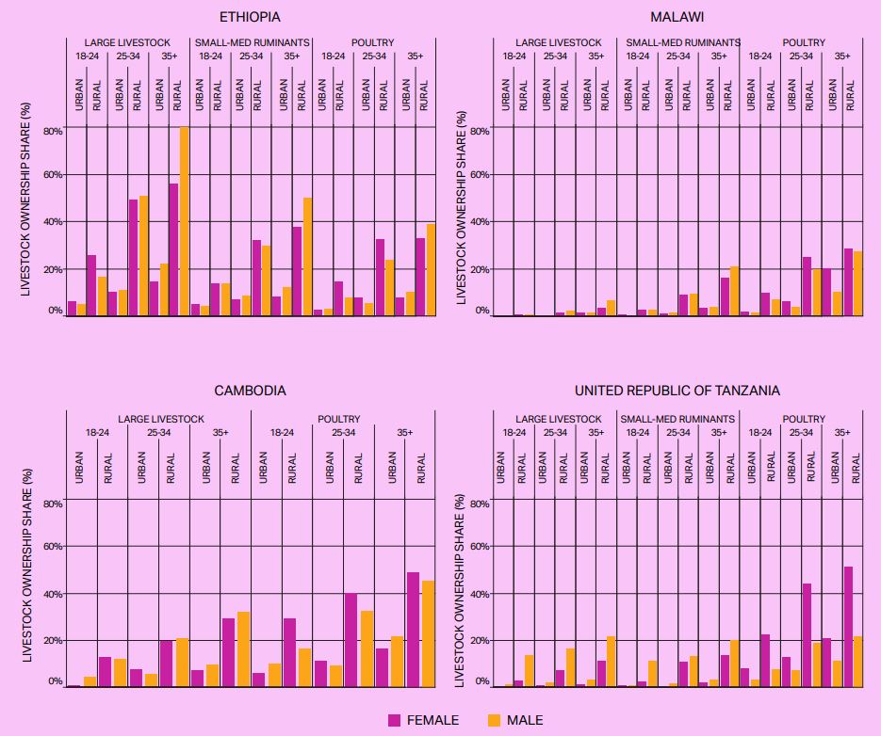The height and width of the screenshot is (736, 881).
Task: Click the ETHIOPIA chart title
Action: pos(250,17)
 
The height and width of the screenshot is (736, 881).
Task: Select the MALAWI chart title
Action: pos(677,17)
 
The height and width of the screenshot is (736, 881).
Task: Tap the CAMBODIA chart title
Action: pos(250,391)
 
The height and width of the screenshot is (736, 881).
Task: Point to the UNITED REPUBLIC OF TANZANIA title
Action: pos(677,391)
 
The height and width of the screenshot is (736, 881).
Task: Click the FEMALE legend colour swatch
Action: pos(395,720)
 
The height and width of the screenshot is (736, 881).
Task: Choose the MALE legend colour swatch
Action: pos(494,720)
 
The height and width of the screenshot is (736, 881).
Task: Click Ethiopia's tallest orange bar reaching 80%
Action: pos(185,221)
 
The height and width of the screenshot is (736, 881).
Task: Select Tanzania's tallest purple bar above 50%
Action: pos(848,626)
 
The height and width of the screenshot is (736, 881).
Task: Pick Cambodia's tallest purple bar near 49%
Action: pos(413,629)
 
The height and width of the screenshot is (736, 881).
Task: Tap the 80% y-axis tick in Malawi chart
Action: pos(480,131)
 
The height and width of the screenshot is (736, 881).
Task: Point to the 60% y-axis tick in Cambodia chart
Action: pos(53,547)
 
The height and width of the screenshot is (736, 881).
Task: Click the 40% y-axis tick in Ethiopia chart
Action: pos(53,222)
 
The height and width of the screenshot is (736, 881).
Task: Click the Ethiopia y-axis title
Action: pos(26,218)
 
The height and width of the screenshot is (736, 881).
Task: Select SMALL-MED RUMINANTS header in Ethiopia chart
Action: pos(251,43)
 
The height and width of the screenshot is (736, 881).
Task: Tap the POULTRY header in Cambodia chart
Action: pos(339,419)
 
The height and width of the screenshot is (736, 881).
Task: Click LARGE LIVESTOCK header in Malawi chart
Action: pos(558,43)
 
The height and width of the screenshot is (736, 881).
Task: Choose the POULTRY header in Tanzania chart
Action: pos(804,419)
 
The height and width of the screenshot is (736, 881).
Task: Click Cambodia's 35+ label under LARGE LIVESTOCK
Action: pos(219,433)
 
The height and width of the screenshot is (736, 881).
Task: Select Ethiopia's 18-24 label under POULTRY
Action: pos(333,56)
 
